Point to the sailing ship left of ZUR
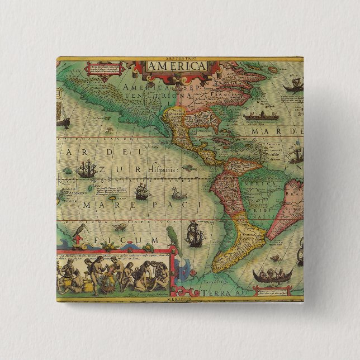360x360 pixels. click(86, 167)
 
